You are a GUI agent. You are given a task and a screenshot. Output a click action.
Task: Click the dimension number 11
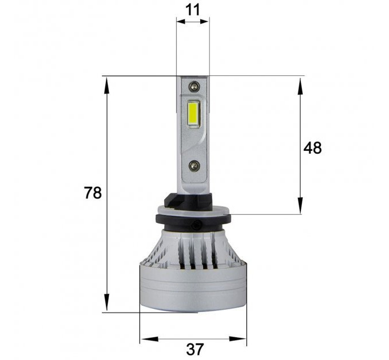[193, 10]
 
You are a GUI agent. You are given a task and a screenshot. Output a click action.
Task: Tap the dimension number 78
[93, 193]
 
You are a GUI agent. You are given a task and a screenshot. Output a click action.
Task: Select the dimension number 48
[312, 148]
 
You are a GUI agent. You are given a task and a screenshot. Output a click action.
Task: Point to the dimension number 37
[194, 349]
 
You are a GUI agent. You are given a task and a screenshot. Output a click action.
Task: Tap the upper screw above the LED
[194, 86]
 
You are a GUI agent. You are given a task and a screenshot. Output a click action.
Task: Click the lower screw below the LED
[194, 166]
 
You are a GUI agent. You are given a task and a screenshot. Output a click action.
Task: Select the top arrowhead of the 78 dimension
[106, 85]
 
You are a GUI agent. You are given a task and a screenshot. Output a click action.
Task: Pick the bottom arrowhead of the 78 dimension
[106, 302]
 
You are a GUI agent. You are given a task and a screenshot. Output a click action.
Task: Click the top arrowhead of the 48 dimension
[300, 86]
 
